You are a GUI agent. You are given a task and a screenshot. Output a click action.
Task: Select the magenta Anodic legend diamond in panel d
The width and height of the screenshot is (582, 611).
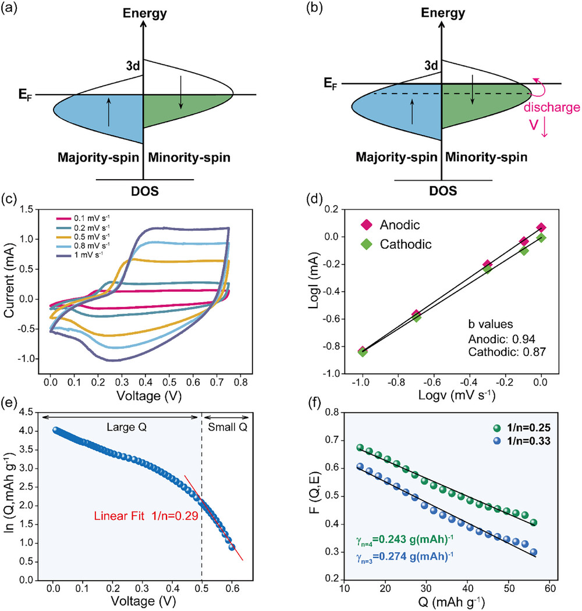(x=367, y=225)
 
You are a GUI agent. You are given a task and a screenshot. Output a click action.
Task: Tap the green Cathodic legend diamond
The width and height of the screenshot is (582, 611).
(x=367, y=244)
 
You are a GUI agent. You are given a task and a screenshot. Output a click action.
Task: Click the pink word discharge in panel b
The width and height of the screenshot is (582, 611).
(x=552, y=107)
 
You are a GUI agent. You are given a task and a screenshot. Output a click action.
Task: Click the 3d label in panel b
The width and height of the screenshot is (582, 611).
(x=431, y=66)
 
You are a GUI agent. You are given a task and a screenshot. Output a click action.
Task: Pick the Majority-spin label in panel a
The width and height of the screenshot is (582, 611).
(x=98, y=158)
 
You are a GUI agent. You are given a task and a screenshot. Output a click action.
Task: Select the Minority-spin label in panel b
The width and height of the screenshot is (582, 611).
(x=487, y=158)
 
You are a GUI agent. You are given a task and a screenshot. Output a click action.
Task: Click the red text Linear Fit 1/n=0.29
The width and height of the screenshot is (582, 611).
(x=146, y=516)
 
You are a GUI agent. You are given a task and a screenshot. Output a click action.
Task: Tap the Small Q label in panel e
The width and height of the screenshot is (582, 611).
(x=228, y=427)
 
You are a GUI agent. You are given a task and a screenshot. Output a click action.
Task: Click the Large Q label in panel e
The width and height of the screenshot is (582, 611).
(x=126, y=427)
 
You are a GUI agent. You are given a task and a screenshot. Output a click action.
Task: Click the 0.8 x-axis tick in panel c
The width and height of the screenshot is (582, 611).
(x=241, y=383)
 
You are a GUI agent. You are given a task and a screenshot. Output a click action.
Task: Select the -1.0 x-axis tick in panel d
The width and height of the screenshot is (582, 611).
(x=360, y=382)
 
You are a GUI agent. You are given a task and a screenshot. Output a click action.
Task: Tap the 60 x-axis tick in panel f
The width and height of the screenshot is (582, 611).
(x=550, y=588)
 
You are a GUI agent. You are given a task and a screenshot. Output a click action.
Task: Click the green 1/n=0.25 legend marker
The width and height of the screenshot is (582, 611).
(x=496, y=428)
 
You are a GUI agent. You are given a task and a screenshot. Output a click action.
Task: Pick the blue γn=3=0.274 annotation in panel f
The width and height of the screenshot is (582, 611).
(x=404, y=556)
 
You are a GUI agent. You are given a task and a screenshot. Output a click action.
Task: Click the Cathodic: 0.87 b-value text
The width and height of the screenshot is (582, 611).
(x=507, y=352)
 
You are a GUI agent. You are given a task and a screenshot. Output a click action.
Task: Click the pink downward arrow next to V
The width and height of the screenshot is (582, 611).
(x=545, y=128)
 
